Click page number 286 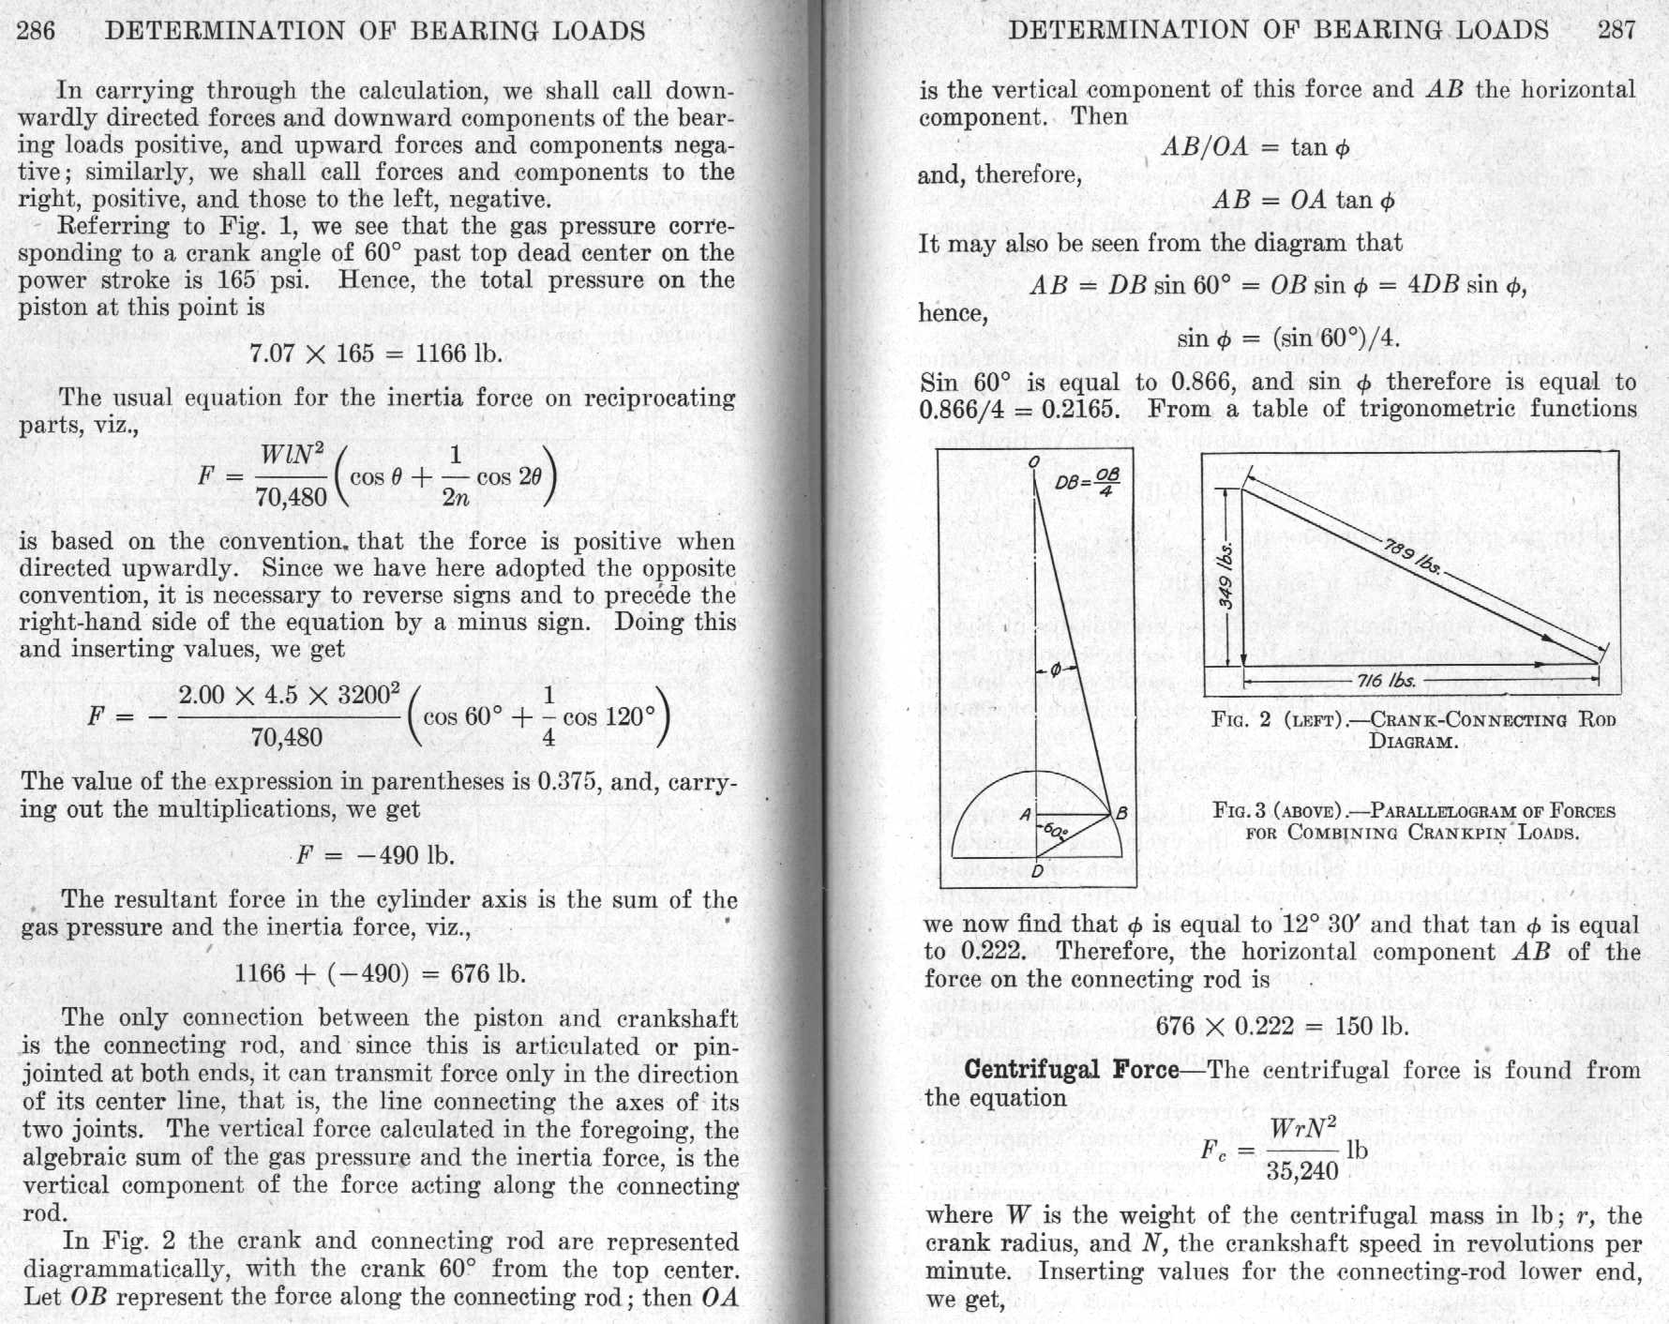tap(37, 30)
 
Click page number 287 tap(1617, 29)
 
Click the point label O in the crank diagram tap(1033, 461)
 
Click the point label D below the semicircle tap(1037, 871)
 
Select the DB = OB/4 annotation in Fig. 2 tap(1088, 482)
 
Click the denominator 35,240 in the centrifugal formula tap(1302, 1169)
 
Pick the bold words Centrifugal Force tap(1072, 1070)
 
